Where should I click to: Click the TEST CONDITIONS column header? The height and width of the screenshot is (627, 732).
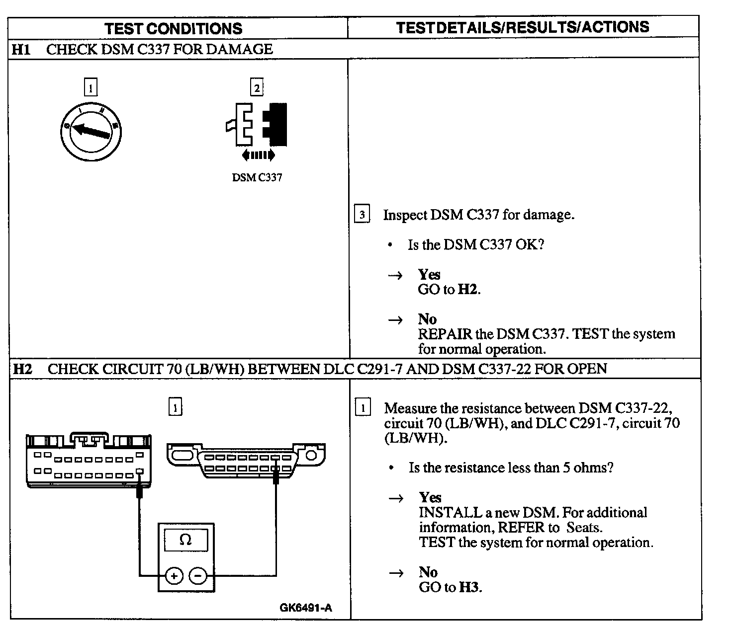coord(173,28)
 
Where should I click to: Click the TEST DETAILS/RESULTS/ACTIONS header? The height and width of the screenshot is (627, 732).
coord(522,27)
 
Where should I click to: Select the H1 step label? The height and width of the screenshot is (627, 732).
coord(21,49)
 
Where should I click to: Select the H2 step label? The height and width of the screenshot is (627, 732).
coord(22,369)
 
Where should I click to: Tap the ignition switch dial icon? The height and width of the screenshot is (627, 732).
coord(91,131)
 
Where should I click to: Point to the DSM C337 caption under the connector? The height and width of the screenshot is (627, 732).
coord(257,177)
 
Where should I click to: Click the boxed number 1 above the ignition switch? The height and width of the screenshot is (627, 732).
coord(91,88)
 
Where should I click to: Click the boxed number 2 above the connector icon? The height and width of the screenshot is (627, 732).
coord(257,88)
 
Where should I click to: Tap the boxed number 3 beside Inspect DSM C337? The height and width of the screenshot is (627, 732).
coord(362,215)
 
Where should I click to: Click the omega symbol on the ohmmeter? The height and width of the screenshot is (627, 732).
coord(185,540)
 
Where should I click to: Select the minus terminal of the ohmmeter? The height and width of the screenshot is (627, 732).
coord(198,576)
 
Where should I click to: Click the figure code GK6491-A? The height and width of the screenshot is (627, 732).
coord(305,608)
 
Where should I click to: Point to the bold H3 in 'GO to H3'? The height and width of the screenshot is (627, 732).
coord(469,587)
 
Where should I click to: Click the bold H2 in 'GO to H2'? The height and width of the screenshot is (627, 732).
coord(468,290)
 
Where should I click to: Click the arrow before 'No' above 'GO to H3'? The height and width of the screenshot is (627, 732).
coord(396,573)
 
